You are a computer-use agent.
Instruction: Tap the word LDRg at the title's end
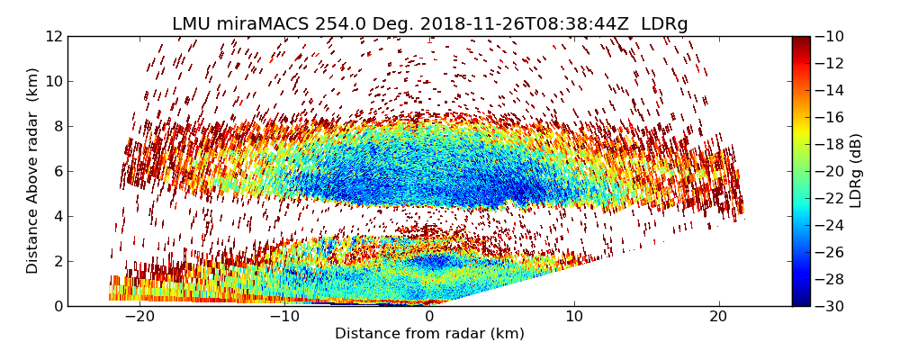pyautogui.click(x=664, y=24)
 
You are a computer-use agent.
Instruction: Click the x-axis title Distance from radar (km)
pyautogui.click(x=429, y=334)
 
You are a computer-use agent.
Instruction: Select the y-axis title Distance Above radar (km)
pyautogui.click(x=33, y=170)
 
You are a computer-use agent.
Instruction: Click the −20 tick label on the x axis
pyautogui.click(x=139, y=317)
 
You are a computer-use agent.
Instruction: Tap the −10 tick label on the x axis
pyautogui.click(x=283, y=317)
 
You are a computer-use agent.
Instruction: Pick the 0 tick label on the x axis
pyautogui.click(x=429, y=317)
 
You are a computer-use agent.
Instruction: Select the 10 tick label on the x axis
pyautogui.click(x=574, y=317)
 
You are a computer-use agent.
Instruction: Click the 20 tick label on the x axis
pyautogui.click(x=719, y=317)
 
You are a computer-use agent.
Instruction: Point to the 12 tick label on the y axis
pyautogui.click(x=53, y=37)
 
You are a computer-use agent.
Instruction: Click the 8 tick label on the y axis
pyautogui.click(x=58, y=127)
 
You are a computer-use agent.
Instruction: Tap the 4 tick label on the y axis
pyautogui.click(x=58, y=216)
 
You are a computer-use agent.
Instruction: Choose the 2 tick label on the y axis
pyautogui.click(x=58, y=261)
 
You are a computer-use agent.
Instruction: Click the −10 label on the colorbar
pyautogui.click(x=829, y=37)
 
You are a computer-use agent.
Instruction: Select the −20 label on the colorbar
pyautogui.click(x=829, y=171)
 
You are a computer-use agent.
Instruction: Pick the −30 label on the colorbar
pyautogui.click(x=829, y=306)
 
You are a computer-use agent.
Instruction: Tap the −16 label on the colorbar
pyautogui.click(x=829, y=117)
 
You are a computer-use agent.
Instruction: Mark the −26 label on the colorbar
pyautogui.click(x=829, y=252)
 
